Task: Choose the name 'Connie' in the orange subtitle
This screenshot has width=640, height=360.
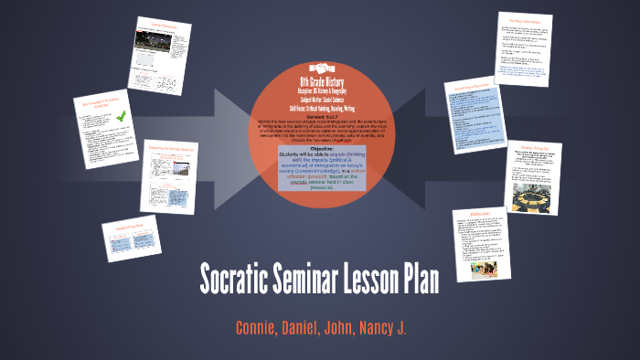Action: coord(254,327)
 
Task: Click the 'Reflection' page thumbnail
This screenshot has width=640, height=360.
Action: coord(479,240)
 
